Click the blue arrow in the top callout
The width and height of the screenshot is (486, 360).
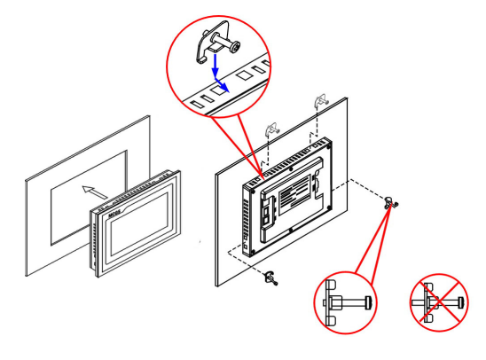point(215,74)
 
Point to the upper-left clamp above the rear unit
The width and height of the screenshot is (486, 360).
point(273,129)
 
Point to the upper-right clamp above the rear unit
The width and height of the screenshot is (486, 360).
point(317,103)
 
